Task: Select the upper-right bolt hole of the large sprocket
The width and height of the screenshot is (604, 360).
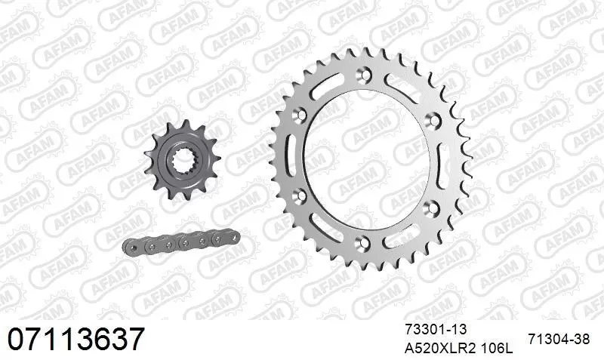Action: pos(432,118)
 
